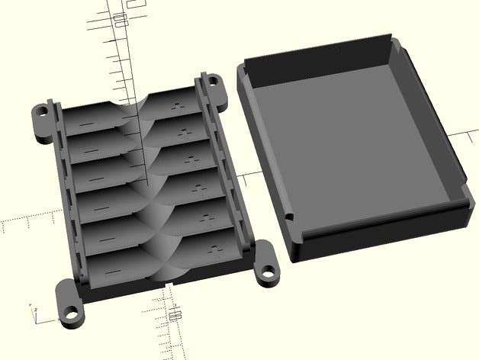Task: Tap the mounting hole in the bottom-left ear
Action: coord(72,311)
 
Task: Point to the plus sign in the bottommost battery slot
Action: coord(215,249)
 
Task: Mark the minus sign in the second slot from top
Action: coord(90,148)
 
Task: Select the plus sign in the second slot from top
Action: coord(185,133)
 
